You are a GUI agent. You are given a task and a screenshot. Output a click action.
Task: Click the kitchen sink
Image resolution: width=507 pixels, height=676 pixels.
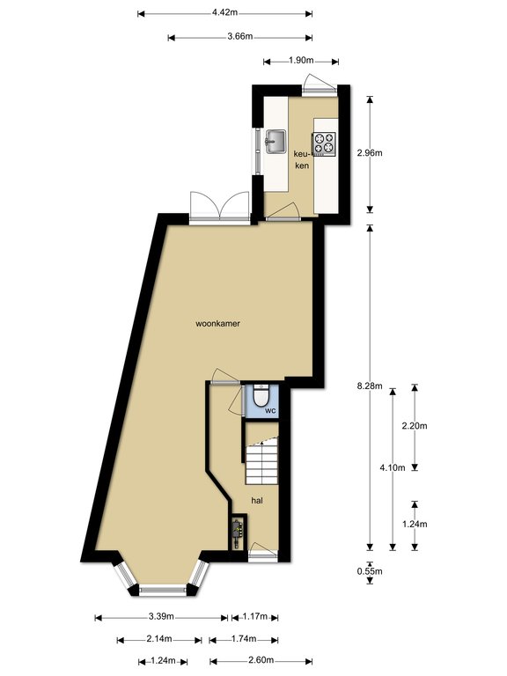click(276, 142)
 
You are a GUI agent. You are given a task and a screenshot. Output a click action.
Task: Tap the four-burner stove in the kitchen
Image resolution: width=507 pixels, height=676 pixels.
click(324, 143)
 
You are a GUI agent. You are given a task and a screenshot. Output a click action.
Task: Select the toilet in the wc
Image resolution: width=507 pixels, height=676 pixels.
click(261, 396)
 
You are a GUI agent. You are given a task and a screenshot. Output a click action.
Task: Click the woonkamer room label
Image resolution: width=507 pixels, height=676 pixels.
click(217, 323)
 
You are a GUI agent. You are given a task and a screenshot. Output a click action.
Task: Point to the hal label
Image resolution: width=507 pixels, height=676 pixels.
click(257, 501)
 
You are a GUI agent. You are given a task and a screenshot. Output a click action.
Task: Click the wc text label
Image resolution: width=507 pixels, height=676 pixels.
click(270, 410)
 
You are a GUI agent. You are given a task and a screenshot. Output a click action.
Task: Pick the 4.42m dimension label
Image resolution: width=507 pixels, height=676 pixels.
click(224, 12)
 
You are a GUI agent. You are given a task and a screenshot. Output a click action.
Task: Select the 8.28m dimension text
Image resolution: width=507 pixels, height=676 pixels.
click(370, 386)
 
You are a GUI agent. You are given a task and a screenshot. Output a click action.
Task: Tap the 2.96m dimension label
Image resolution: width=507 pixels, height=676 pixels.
click(370, 152)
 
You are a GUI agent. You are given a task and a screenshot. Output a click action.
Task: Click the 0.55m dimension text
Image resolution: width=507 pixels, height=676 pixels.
click(370, 571)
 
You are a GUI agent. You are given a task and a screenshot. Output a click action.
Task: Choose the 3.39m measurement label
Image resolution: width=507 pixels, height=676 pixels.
click(161, 616)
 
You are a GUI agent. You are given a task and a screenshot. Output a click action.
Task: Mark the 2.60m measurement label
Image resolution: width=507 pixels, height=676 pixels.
click(261, 660)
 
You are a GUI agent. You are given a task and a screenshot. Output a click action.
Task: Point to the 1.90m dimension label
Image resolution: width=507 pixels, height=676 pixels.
click(301, 61)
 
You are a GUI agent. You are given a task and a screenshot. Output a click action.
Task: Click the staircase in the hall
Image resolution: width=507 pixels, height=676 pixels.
click(262, 460)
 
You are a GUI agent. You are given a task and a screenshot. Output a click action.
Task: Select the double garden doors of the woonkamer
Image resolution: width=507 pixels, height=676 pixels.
click(220, 208)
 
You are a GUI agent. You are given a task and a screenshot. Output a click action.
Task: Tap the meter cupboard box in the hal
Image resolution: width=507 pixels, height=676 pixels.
click(237, 533)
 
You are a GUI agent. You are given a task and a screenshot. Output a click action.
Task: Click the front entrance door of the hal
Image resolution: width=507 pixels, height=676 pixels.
click(263, 552)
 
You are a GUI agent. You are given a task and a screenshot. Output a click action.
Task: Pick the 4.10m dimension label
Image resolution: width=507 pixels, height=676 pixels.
click(393, 467)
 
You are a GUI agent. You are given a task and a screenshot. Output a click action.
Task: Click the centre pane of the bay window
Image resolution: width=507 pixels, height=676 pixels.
click(163, 591)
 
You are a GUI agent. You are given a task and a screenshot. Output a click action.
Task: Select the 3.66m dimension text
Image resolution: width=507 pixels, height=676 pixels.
click(240, 36)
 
